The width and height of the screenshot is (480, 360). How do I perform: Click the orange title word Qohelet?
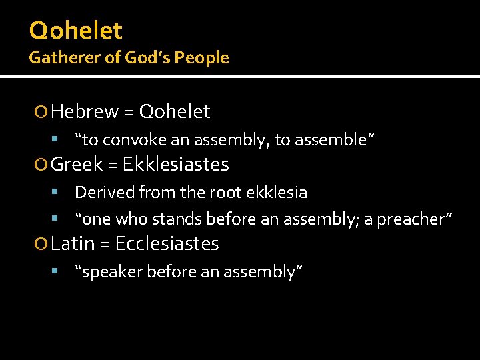pyautogui.click(x=75, y=31)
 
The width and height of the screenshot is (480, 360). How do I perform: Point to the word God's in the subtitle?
pyautogui.click(x=150, y=58)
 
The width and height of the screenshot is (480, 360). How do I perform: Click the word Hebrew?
pyautogui.click(x=85, y=112)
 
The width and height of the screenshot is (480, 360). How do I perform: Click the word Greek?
pyautogui.click(x=77, y=164)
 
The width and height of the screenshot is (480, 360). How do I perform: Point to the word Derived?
pyautogui.click(x=104, y=193)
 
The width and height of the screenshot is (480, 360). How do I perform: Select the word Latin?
pyautogui.click(x=73, y=244)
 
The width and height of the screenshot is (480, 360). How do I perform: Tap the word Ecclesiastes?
pyautogui.click(x=167, y=244)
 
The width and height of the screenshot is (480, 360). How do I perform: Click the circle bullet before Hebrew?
pyautogui.click(x=44, y=113)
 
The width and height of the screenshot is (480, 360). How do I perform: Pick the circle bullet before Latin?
pyautogui.click(x=44, y=245)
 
